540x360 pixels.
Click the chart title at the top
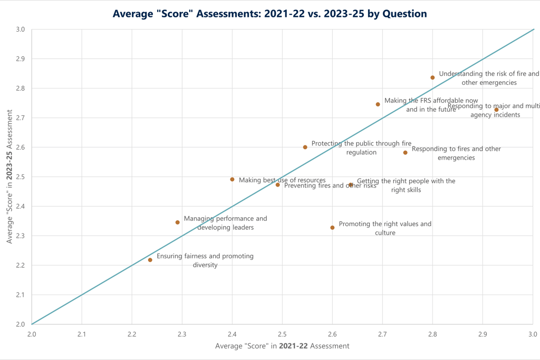pyautogui.click(x=269, y=14)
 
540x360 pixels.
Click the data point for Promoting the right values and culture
pyautogui.click(x=332, y=228)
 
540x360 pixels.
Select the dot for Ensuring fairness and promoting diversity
pyautogui.click(x=150, y=260)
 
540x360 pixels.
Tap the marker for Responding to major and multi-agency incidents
pyautogui.click(x=496, y=110)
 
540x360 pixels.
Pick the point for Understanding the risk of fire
pyautogui.click(x=432, y=77)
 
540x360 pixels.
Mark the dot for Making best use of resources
pyautogui.click(x=232, y=180)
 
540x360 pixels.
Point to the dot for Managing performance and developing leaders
pyautogui.click(x=178, y=222)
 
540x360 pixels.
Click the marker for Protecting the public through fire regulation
pyautogui.click(x=305, y=147)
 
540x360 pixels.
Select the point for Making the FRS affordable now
pyautogui.click(x=378, y=104)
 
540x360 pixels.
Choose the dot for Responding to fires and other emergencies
pyautogui.click(x=406, y=153)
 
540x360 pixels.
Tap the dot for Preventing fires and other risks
pyautogui.click(x=278, y=185)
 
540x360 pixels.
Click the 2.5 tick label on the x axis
pyautogui.click(x=282, y=334)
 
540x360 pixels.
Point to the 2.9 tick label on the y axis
pyautogui.click(x=20, y=59)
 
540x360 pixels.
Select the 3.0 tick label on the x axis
pyautogui.click(x=533, y=334)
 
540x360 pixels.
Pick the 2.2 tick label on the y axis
pyautogui.click(x=20, y=265)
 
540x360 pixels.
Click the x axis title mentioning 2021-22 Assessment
pyautogui.click(x=282, y=346)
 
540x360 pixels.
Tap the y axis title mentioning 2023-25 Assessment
pyautogui.click(x=9, y=177)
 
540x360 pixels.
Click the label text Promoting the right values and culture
pyautogui.click(x=385, y=228)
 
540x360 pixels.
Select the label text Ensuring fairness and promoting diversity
pyautogui.click(x=205, y=260)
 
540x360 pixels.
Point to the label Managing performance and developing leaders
pyautogui.click(x=225, y=223)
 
